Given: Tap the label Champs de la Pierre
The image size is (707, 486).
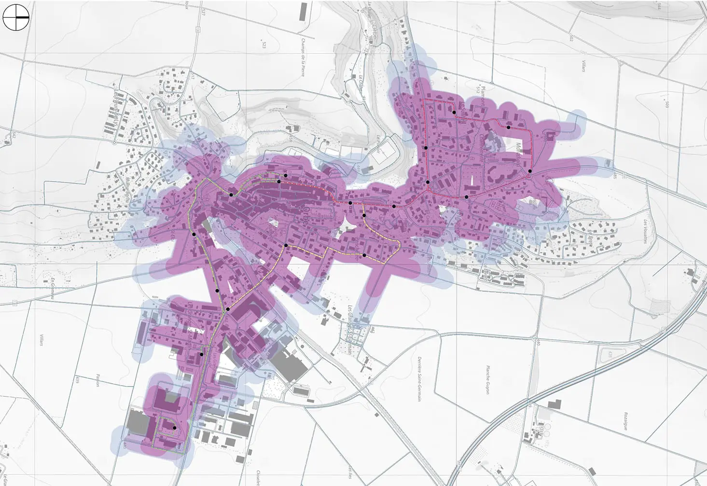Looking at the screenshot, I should pos(303,57).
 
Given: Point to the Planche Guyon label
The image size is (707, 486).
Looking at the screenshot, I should pos(487,379).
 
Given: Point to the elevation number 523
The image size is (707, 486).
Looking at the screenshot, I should pos(264,45).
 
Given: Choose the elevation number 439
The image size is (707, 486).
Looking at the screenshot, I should pos(77,380).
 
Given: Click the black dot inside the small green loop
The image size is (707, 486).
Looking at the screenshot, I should pos(174,428).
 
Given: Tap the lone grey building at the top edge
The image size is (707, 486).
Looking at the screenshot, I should pos(304,12).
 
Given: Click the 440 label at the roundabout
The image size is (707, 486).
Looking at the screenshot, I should pos(537,342).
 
